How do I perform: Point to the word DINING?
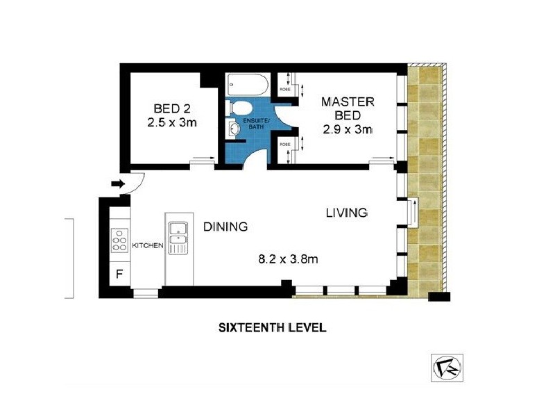[225, 227]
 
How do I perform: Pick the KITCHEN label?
[147, 245]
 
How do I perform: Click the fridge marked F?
[119, 274]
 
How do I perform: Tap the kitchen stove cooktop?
[120, 240]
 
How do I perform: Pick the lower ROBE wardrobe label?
[284, 145]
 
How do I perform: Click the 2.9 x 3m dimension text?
[348, 130]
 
